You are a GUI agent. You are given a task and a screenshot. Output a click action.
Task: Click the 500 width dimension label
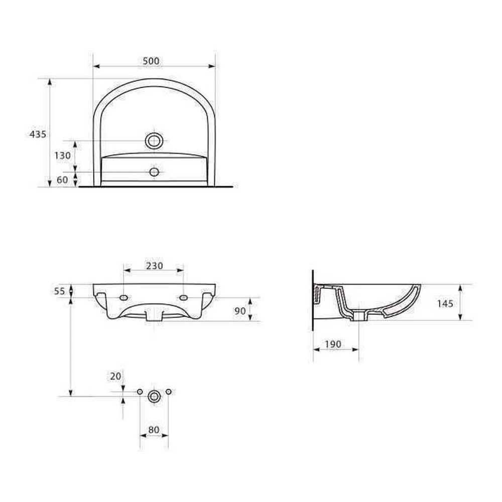(151, 61)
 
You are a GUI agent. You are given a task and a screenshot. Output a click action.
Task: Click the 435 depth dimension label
(38, 134)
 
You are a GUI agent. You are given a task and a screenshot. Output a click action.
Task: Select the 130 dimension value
(63, 156)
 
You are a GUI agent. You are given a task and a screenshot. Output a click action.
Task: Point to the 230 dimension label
(154, 266)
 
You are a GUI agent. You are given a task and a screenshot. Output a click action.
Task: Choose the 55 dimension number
(60, 291)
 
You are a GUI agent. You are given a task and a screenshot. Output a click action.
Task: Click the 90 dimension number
(240, 311)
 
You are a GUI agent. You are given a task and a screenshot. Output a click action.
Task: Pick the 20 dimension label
(115, 376)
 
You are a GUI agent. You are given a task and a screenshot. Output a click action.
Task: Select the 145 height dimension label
(445, 303)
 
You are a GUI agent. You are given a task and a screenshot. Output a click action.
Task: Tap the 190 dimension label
(332, 344)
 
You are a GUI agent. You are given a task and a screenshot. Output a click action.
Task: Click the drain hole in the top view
(154, 141)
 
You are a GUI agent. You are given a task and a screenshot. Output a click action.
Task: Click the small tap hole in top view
(154, 172)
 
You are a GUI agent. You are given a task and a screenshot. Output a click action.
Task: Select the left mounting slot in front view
(124, 298)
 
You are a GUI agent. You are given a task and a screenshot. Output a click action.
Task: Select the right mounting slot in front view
(183, 298)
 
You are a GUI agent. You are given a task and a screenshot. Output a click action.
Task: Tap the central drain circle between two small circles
(154, 396)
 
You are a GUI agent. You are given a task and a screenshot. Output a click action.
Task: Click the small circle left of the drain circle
(140, 391)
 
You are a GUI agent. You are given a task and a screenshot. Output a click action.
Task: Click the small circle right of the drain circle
(168, 391)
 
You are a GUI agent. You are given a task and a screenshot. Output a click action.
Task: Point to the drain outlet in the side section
(359, 315)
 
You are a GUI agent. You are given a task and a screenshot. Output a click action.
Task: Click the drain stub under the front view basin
(154, 315)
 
